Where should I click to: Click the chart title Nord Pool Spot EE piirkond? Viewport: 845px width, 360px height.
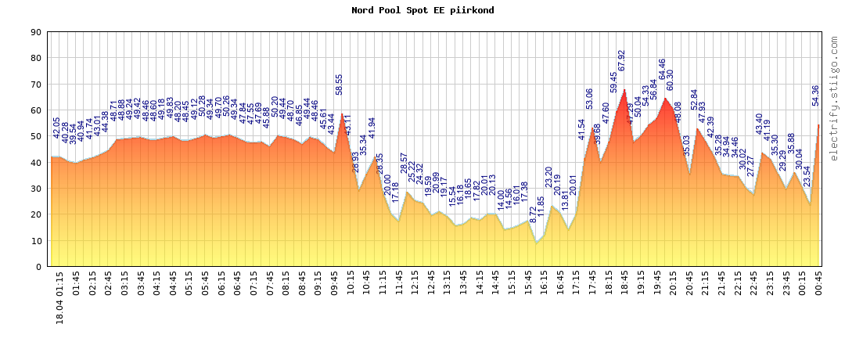422,10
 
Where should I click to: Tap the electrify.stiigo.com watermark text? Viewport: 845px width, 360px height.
834,98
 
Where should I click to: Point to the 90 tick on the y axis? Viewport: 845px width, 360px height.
36,32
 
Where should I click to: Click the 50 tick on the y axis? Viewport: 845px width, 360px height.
36,136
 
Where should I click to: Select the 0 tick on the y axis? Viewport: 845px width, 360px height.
38,267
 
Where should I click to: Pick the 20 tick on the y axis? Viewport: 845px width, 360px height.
36,214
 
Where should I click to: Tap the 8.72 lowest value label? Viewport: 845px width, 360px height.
534,214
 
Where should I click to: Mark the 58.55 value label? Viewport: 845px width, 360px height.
340,85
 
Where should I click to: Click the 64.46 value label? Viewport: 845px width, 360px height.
663,70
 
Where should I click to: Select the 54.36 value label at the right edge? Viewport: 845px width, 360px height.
816,95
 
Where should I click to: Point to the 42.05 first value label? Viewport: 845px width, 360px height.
56,128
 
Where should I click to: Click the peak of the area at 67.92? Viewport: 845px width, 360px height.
624,90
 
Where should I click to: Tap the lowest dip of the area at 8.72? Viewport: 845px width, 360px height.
536,243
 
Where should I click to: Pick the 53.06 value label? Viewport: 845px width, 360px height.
590,99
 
